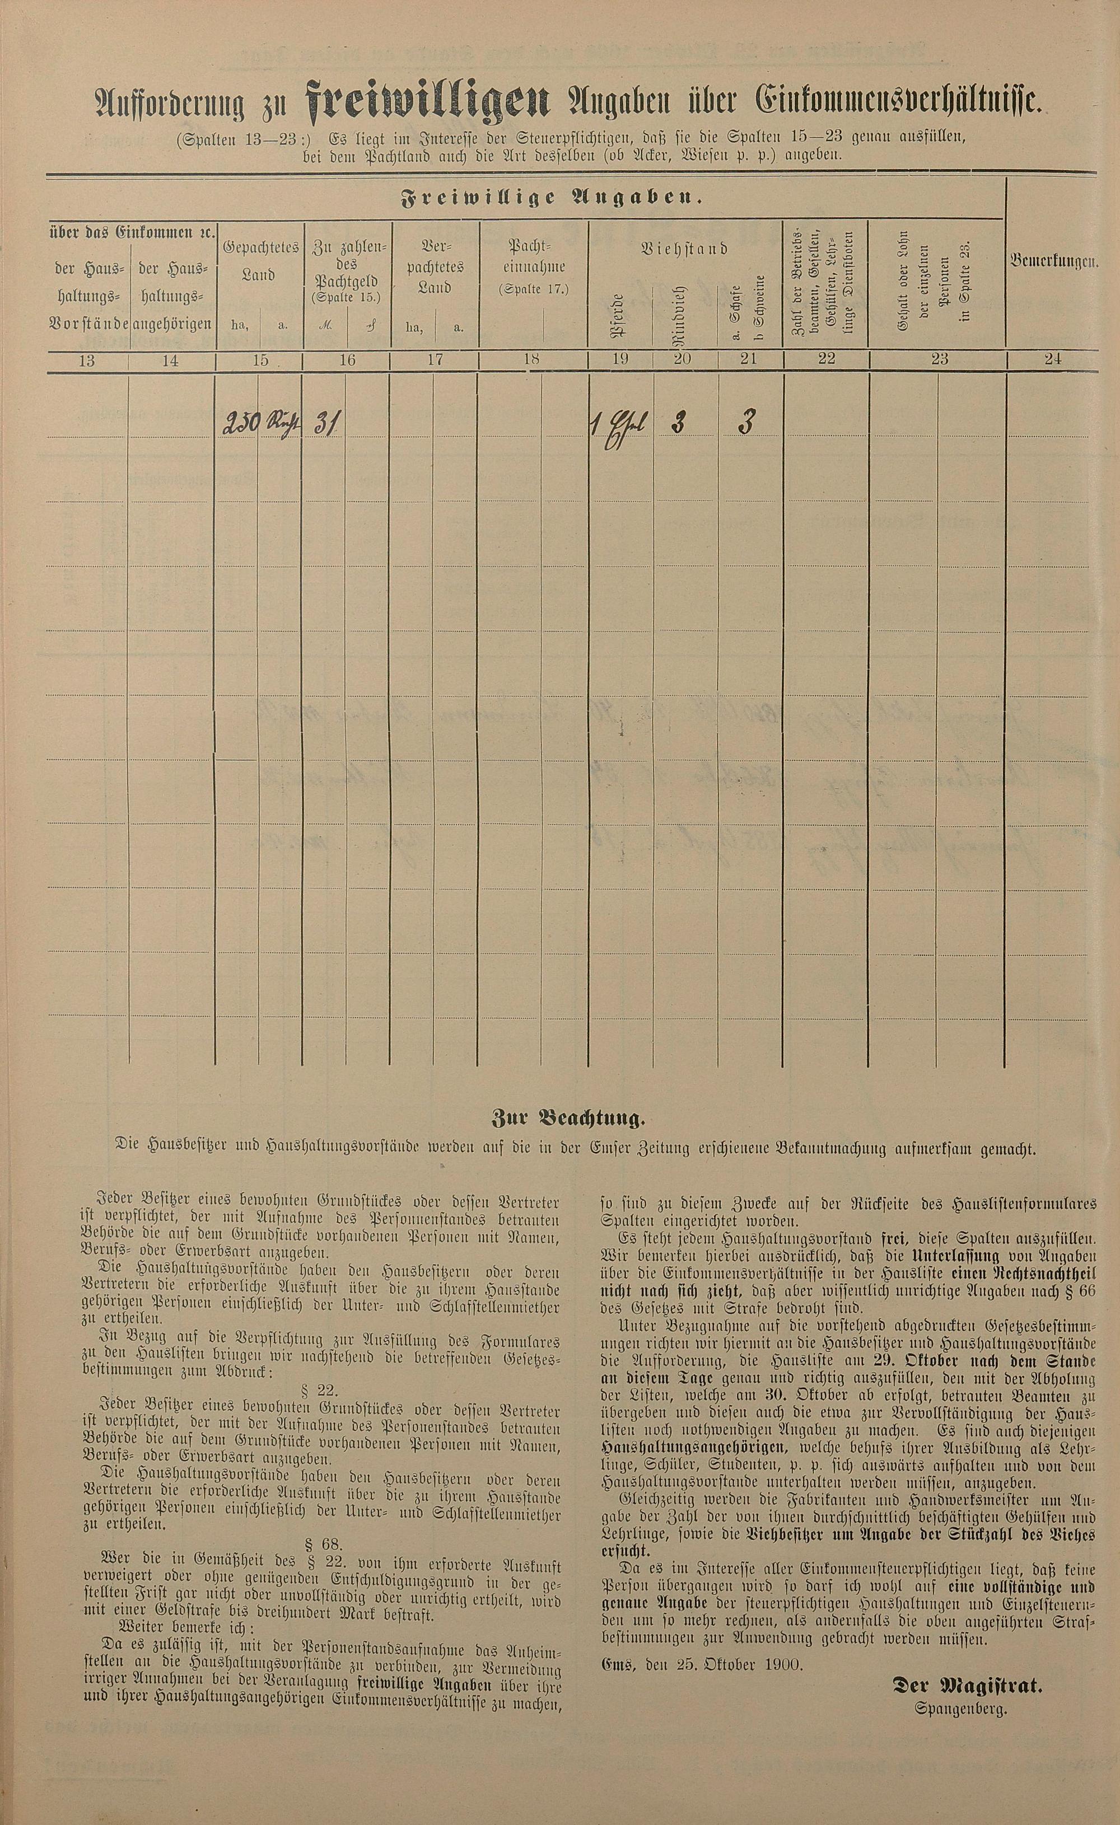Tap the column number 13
coord(87,361)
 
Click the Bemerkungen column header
coord(1053,261)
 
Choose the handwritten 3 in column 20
coord(677,423)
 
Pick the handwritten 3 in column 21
coord(746,423)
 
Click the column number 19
coord(620,360)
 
